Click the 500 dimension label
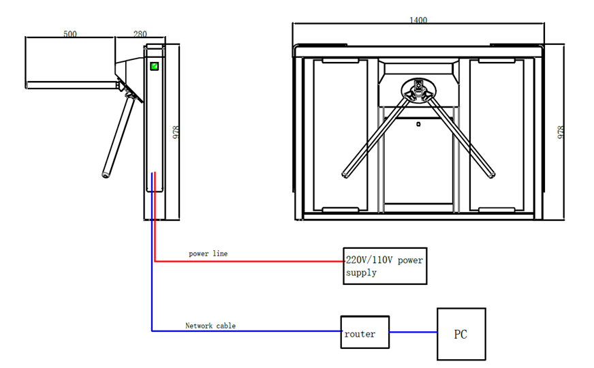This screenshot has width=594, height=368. point(69,34)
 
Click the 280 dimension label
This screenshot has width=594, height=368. point(140,34)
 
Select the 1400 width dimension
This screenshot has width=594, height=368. point(418,20)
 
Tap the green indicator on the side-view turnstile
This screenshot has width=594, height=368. point(155,66)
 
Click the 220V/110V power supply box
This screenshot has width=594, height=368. point(385,266)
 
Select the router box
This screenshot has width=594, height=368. point(364,333)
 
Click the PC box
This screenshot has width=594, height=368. point(460,334)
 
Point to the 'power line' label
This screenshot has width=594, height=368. point(208,254)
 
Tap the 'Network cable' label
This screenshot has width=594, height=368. point(210,326)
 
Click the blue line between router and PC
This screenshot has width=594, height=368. point(413,333)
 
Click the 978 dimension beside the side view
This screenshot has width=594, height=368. point(176,132)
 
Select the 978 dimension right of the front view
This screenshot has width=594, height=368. point(561,132)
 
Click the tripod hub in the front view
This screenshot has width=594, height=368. point(418,88)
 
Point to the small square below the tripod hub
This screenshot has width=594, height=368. point(418,124)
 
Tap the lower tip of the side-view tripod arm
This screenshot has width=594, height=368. point(106,174)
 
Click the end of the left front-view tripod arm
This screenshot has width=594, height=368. point(346,174)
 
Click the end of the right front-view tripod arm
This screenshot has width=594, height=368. point(490,174)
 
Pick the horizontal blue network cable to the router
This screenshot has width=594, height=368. point(245,331)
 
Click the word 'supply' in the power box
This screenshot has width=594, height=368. point(361,273)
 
